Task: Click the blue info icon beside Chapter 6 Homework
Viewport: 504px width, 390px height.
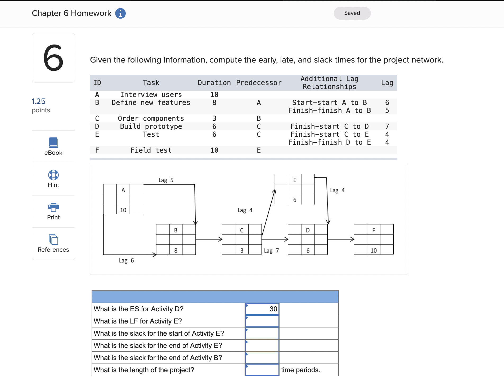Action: pos(120,13)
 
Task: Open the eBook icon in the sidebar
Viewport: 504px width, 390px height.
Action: pos(53,143)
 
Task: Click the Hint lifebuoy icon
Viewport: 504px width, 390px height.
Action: pos(53,175)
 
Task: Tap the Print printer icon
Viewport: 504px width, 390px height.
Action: pos(53,207)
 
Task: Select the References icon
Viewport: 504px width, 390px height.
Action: pos(53,240)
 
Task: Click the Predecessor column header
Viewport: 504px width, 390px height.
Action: pos(259,83)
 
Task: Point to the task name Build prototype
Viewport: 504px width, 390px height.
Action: pos(151,126)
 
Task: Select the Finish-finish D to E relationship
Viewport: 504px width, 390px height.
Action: pos(329,142)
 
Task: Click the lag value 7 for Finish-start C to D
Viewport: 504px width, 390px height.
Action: pos(387,126)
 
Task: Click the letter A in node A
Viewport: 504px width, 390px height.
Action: pos(123,190)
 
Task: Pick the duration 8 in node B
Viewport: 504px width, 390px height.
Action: pos(176,250)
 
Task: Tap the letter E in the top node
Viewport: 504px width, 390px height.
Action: pos(295,180)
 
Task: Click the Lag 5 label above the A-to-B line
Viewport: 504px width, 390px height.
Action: pos(166,180)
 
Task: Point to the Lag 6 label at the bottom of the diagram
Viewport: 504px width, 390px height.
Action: pos(126,260)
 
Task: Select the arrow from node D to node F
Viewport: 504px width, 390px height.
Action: pos(341,239)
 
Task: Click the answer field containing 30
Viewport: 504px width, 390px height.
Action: pos(262,309)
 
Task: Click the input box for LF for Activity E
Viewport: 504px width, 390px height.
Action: pos(262,321)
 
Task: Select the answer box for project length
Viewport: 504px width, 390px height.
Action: pos(262,370)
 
